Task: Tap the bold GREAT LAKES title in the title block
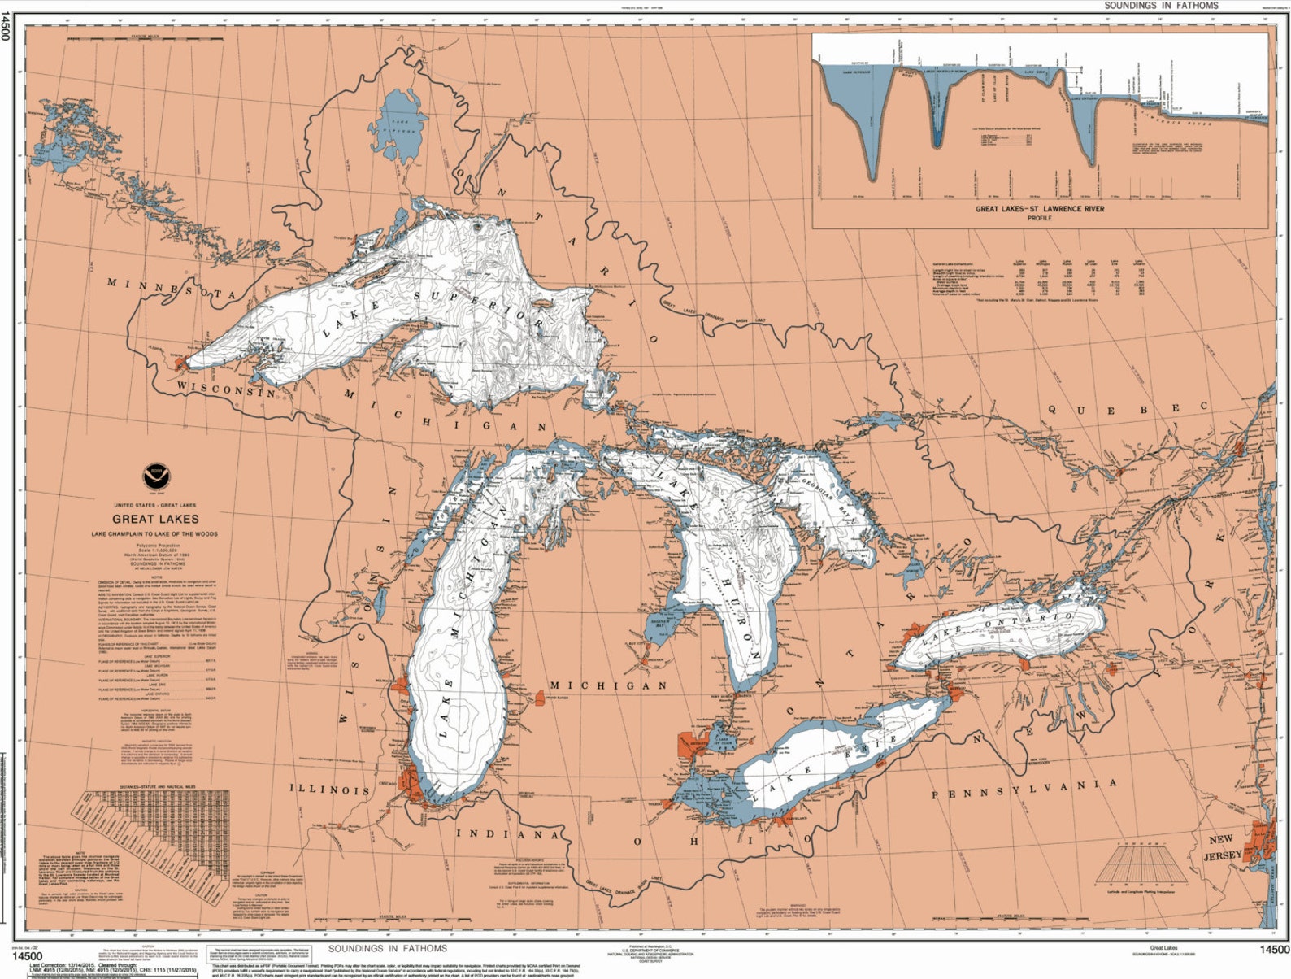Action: (x=155, y=519)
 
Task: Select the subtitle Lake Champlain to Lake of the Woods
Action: (x=154, y=534)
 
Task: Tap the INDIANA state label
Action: (x=507, y=834)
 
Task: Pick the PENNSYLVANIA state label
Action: (x=1024, y=789)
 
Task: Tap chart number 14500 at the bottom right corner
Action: (x=1273, y=950)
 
